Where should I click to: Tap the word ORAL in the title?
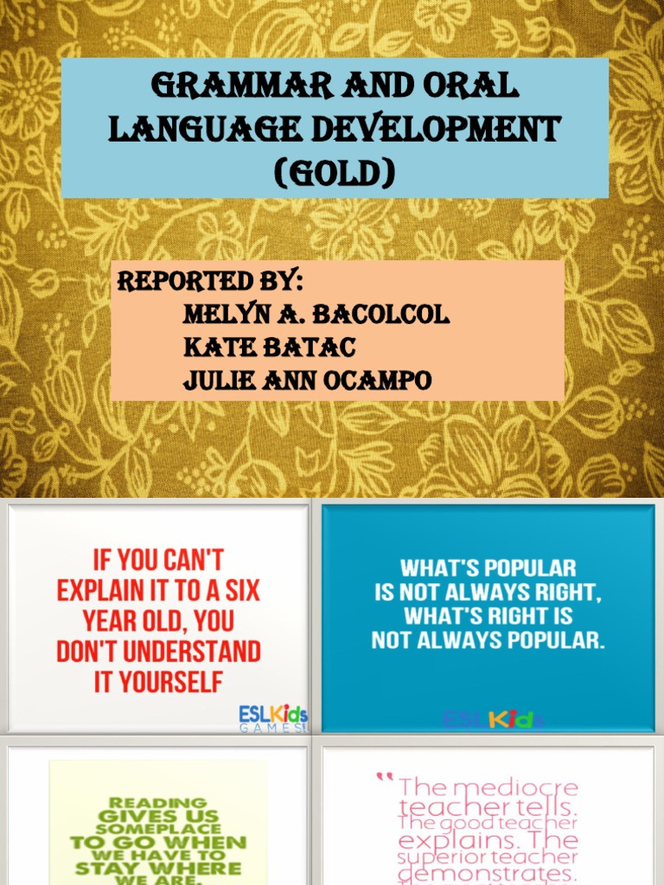click(x=469, y=87)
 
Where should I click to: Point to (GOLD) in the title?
click(x=333, y=174)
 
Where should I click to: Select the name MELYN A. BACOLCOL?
click(x=316, y=315)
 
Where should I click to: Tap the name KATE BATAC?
click(x=270, y=347)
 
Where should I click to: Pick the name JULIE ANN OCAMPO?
click(x=307, y=380)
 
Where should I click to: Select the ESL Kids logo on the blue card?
click(x=494, y=720)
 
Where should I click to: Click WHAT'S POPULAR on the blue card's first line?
click(x=488, y=569)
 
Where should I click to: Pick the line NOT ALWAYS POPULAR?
click(x=488, y=640)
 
